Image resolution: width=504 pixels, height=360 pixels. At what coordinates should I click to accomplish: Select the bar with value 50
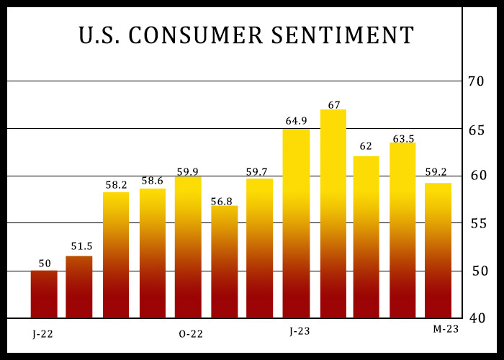click(x=44, y=294)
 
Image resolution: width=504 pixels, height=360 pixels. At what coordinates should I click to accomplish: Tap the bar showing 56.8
click(x=224, y=262)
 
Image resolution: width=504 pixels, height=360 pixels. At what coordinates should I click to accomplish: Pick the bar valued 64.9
click(x=296, y=223)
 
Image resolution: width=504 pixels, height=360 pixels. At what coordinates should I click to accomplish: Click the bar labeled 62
click(x=366, y=237)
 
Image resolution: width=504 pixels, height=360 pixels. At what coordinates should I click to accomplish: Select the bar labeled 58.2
click(x=116, y=255)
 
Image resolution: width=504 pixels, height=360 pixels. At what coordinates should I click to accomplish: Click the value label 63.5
click(x=402, y=138)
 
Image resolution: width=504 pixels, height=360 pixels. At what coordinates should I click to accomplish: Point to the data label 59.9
click(x=188, y=171)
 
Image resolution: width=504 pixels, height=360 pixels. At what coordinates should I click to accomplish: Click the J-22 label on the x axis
click(x=42, y=334)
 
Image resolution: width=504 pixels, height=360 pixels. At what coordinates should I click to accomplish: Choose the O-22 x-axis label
click(x=190, y=334)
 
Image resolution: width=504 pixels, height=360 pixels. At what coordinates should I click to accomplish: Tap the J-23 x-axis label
click(x=300, y=332)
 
